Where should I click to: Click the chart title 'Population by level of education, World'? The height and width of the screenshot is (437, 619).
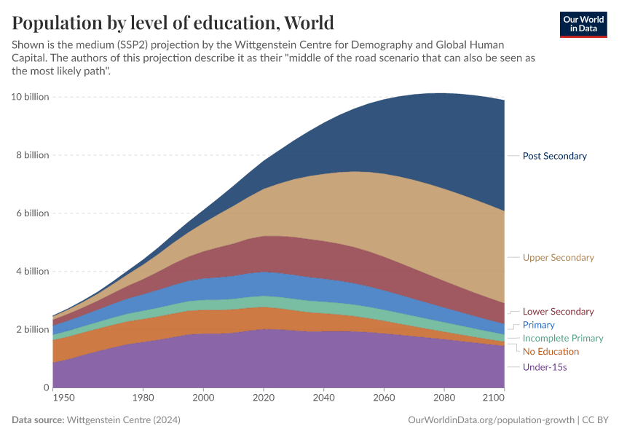tap(173, 23)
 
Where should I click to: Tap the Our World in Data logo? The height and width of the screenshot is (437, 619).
tap(583, 24)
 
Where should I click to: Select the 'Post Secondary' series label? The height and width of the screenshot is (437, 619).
tap(554, 156)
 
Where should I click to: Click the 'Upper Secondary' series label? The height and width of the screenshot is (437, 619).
tap(558, 258)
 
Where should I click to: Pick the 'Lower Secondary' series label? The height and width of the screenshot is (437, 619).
tap(558, 312)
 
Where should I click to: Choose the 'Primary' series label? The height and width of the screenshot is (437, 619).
tap(538, 325)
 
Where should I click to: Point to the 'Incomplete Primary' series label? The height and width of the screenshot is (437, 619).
tap(563, 338)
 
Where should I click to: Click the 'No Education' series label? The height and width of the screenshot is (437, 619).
tap(551, 352)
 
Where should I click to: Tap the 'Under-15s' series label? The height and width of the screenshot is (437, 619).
tap(545, 367)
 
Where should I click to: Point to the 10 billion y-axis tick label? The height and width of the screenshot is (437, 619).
tap(30, 97)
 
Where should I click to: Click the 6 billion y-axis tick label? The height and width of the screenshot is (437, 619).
tap(32, 213)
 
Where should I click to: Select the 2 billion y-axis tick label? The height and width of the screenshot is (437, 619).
tap(32, 329)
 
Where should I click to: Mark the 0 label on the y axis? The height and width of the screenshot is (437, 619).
tap(46, 387)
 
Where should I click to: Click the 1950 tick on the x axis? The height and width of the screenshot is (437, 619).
tap(63, 398)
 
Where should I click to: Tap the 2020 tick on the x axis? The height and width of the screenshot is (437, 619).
tap(263, 398)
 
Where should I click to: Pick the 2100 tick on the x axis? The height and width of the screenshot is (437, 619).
tap(494, 398)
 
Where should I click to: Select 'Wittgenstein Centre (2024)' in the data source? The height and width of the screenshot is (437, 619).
tap(123, 420)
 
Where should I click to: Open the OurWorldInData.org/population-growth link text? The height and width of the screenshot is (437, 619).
tap(492, 420)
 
